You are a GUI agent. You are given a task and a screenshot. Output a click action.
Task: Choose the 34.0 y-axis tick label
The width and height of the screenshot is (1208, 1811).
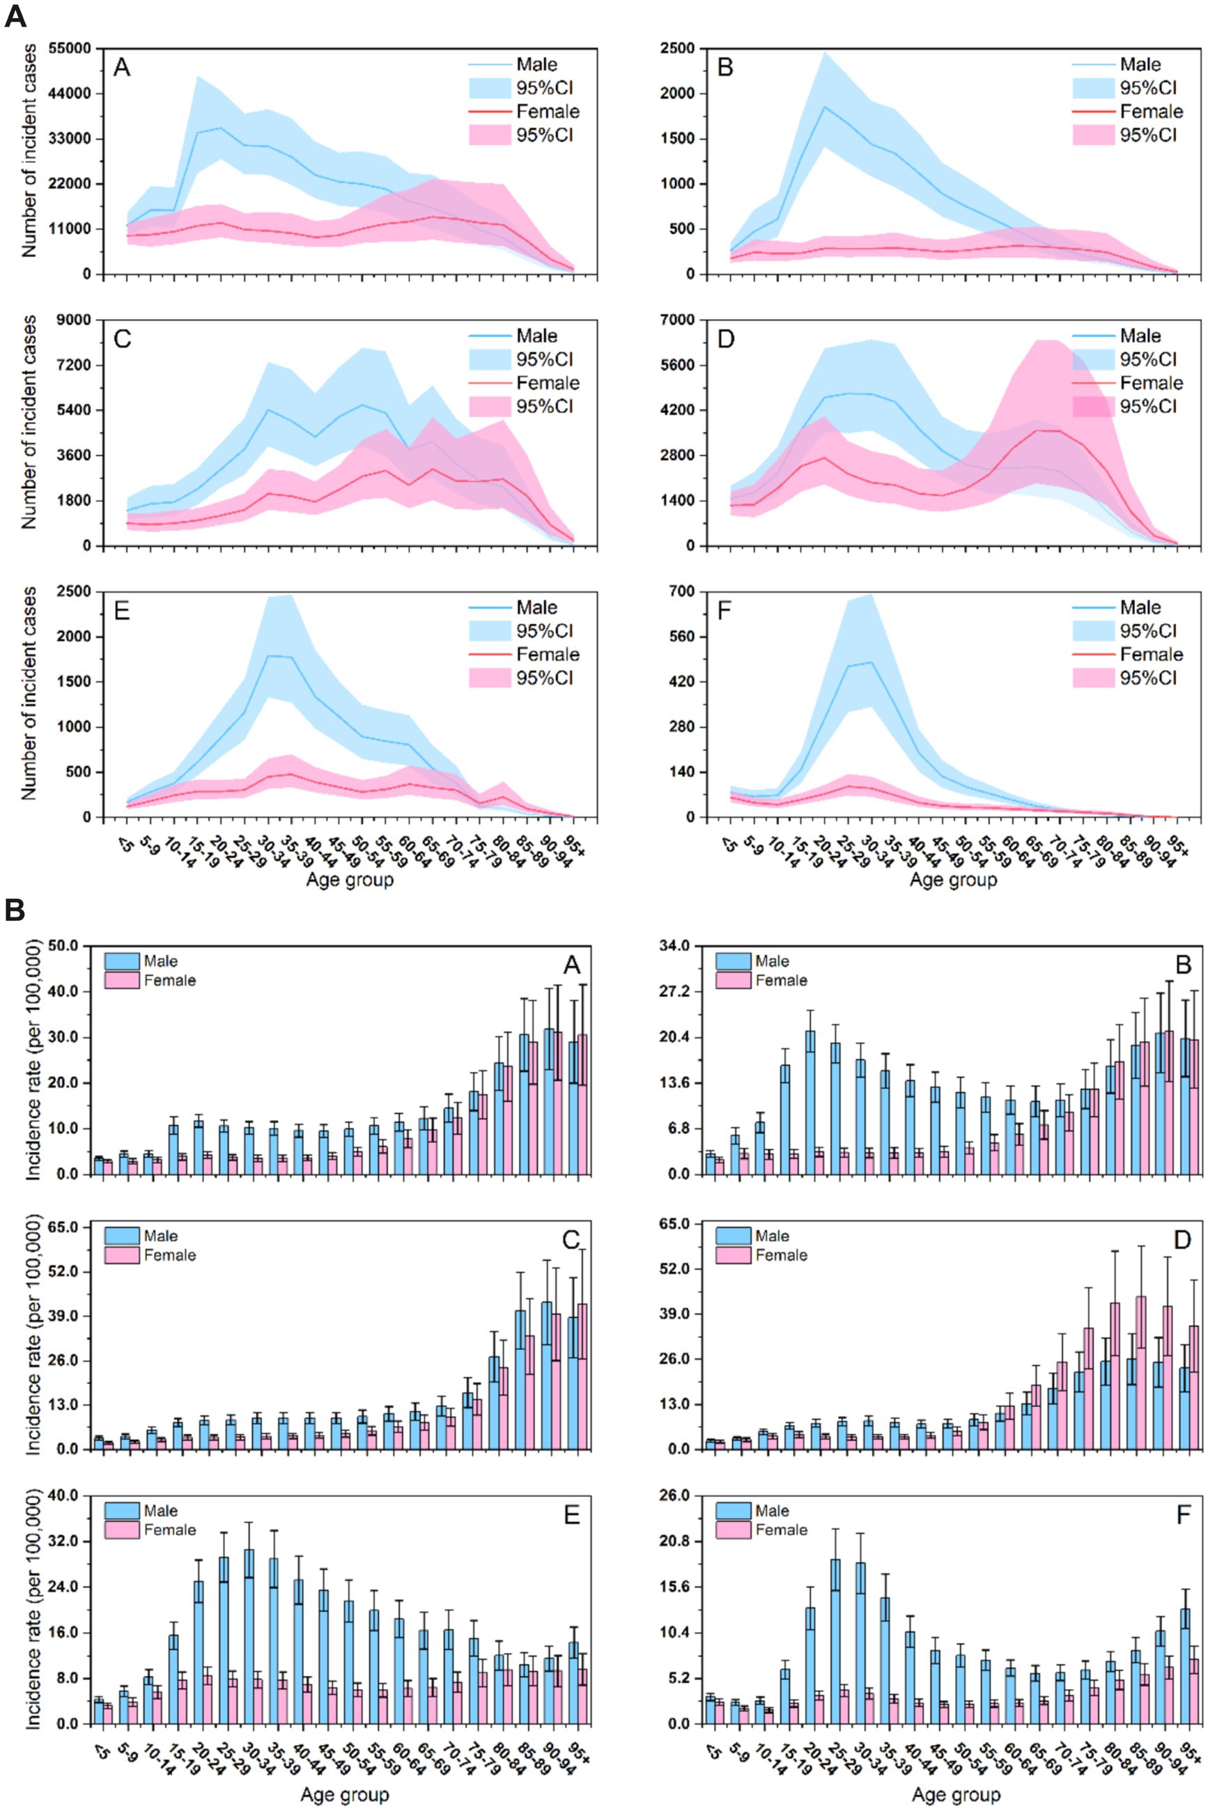pos(674,946)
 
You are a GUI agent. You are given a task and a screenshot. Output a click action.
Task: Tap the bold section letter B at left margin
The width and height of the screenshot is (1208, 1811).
pos(15,910)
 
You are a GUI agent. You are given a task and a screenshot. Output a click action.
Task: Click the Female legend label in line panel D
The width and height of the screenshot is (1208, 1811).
pos(1151,383)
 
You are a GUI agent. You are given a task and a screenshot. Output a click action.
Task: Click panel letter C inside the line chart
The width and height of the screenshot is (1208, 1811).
pos(121,340)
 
